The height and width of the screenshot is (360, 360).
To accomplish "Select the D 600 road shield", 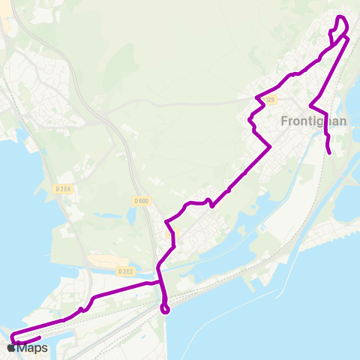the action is tap(141, 200).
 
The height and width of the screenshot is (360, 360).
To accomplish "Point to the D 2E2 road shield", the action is tap(125, 271).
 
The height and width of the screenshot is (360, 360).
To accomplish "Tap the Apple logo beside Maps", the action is tap(12, 348).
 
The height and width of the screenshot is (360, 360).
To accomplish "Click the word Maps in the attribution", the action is tap(33, 348).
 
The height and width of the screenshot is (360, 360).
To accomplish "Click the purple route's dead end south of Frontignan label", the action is tap(330, 154).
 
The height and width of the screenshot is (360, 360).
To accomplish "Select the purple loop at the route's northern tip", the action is tap(341, 25).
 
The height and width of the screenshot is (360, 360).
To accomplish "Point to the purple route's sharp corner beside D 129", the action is tap(257, 97).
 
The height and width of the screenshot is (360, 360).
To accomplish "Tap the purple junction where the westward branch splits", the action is tap(160, 283).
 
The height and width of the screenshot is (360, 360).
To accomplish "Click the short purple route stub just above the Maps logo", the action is tap(33, 339).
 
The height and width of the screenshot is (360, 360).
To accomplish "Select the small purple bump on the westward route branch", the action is tap(80, 309).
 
